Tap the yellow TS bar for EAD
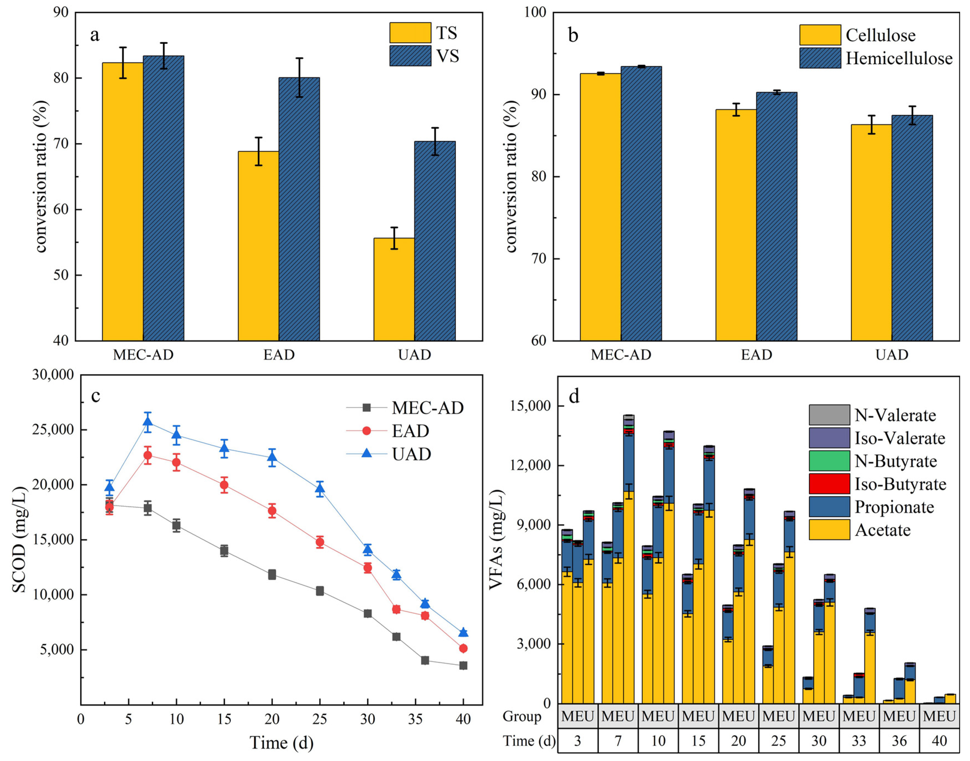258,246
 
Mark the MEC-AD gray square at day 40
463,666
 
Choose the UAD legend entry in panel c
389,454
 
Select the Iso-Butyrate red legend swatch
829,484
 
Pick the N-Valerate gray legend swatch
829,415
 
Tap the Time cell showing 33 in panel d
859,741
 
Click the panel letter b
573,35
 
